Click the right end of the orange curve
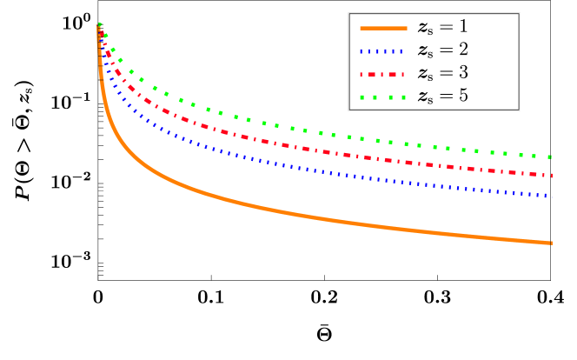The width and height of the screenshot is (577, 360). (551, 243)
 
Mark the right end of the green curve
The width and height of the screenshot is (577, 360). (551, 157)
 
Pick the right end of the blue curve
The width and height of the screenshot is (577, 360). (551, 196)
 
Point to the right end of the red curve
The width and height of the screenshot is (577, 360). (551, 176)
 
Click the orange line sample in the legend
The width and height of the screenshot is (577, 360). (382, 28)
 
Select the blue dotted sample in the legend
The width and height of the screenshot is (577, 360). (382, 50)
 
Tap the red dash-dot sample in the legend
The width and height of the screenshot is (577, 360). (382, 73)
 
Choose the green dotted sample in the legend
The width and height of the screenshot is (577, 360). (382, 96)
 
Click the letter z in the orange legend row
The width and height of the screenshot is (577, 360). (423, 29)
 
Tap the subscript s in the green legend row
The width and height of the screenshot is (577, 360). (431, 99)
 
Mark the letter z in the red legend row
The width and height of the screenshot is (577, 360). (423, 74)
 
